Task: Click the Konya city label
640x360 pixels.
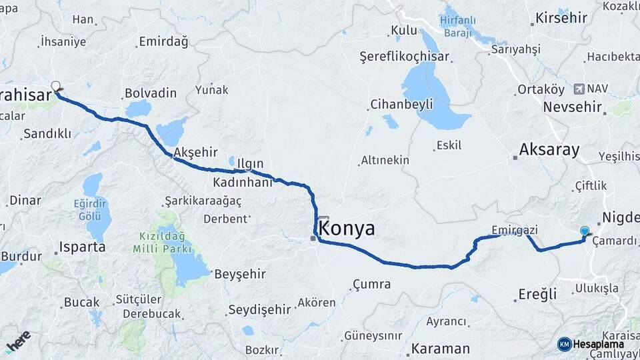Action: [x=347, y=229]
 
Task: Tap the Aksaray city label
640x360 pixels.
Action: [x=550, y=149]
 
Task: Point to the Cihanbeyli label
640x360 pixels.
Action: [x=401, y=104]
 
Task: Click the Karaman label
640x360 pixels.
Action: [x=440, y=349]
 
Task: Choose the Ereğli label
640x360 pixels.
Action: [x=537, y=294]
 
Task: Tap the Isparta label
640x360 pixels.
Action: [x=82, y=247]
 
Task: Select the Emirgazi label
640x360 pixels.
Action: [x=514, y=230]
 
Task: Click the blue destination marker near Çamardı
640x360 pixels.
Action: [x=585, y=231]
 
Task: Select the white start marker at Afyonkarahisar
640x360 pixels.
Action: [x=56, y=85]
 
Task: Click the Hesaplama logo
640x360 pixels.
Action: [x=591, y=344]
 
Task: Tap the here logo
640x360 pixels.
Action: [x=18, y=340]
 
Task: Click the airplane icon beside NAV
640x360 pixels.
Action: [x=577, y=88]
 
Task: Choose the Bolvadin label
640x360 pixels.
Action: [x=150, y=92]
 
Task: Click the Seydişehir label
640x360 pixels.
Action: [x=259, y=309]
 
